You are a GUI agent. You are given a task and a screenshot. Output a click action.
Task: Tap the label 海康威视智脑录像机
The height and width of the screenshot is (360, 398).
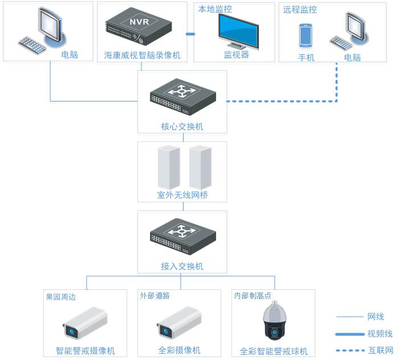(x=142, y=55)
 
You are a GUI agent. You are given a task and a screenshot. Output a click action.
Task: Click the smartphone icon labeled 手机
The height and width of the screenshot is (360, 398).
(x=306, y=35)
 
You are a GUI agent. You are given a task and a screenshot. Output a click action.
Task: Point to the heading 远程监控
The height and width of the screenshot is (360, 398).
(x=300, y=10)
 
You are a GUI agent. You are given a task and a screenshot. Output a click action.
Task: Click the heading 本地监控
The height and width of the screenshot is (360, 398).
(x=215, y=10)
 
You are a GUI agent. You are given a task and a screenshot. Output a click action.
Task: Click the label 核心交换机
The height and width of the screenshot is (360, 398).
(x=182, y=126)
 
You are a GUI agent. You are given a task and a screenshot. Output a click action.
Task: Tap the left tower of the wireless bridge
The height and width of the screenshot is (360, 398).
(x=169, y=167)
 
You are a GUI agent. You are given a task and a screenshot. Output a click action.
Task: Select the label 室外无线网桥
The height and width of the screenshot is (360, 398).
(x=182, y=195)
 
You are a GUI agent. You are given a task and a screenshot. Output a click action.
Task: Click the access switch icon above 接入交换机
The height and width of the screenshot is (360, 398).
(x=182, y=235)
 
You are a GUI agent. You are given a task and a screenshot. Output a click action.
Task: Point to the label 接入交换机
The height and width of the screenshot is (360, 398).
(x=182, y=266)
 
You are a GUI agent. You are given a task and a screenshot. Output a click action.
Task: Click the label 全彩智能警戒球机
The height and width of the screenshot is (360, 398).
(x=274, y=351)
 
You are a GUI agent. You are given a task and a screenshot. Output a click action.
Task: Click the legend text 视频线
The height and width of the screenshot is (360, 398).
(x=380, y=334)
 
